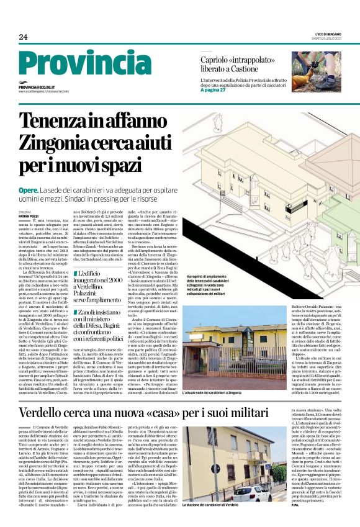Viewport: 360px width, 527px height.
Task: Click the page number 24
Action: point(23,37)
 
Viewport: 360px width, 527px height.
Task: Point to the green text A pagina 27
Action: point(214,90)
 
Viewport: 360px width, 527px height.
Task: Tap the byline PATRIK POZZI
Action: point(29,215)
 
